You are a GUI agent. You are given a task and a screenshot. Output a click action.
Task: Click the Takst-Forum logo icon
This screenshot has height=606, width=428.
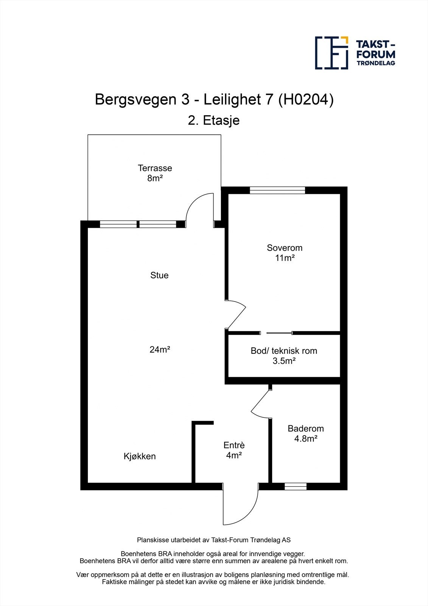pos(332,53)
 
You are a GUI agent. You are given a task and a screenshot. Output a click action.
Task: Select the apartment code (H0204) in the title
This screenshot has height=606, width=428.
pos(306,100)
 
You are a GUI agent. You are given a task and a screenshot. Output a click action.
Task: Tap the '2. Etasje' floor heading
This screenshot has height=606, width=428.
pos(214,121)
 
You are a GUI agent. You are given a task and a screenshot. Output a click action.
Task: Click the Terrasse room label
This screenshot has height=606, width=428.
pos(155,168)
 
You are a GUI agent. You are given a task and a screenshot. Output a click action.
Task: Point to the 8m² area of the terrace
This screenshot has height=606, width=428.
pos(155,178)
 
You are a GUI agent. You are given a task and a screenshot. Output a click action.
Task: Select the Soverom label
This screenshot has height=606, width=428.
pos(285,248)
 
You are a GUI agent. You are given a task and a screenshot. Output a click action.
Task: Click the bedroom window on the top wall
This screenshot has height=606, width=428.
pos(277,190)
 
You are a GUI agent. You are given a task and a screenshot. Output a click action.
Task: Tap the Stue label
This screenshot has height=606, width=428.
pos(159,275)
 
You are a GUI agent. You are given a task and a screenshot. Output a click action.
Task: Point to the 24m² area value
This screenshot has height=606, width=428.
pos(159,350)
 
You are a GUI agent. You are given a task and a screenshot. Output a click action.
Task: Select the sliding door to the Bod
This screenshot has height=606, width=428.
pos(279,333)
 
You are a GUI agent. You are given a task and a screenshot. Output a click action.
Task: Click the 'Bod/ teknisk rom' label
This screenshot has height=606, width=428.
pos(284,351)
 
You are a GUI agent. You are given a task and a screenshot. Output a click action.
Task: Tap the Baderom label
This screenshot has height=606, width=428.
pos(306,429)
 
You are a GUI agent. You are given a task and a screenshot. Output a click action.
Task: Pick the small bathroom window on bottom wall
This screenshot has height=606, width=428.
pos(296,487)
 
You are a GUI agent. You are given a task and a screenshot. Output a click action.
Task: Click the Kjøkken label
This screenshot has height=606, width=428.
pos(140,456)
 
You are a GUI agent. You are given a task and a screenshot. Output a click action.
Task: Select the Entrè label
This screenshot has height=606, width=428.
pos(234,445)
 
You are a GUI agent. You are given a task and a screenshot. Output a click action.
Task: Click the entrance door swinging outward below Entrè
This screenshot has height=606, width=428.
pos(240,506)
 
